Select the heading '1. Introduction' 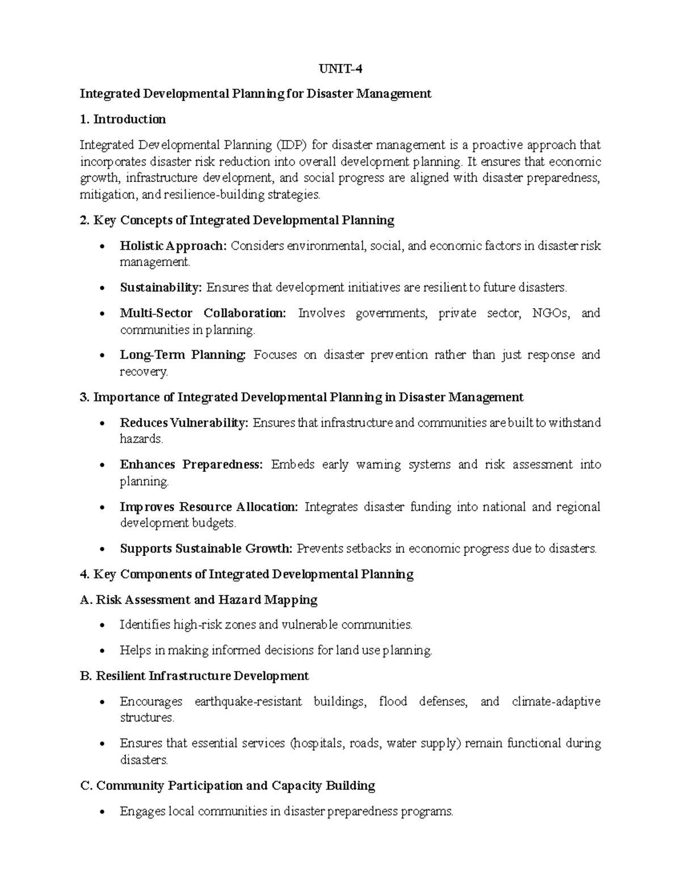(x=123, y=119)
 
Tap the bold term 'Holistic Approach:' (x=173, y=246)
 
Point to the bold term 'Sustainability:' (x=161, y=288)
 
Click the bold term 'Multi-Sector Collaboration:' (x=203, y=313)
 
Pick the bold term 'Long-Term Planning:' (x=183, y=355)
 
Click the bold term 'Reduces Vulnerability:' (x=184, y=423)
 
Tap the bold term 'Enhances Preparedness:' (x=191, y=465)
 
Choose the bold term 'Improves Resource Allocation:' (x=208, y=507)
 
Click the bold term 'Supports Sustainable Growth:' (x=206, y=549)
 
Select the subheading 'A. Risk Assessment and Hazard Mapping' (x=199, y=600)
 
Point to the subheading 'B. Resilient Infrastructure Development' (x=195, y=676)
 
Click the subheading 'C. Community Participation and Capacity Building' (x=228, y=786)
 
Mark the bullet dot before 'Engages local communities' (x=102, y=812)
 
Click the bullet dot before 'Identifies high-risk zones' (x=102, y=626)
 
